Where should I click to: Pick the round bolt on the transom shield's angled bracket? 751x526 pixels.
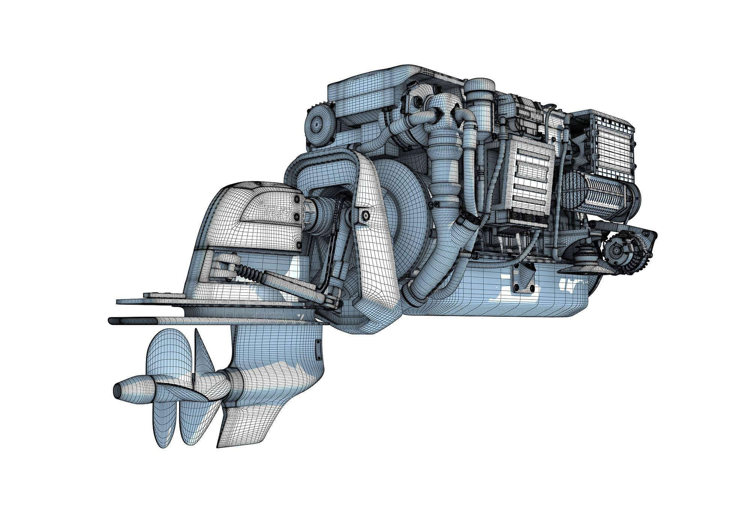(365, 215)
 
